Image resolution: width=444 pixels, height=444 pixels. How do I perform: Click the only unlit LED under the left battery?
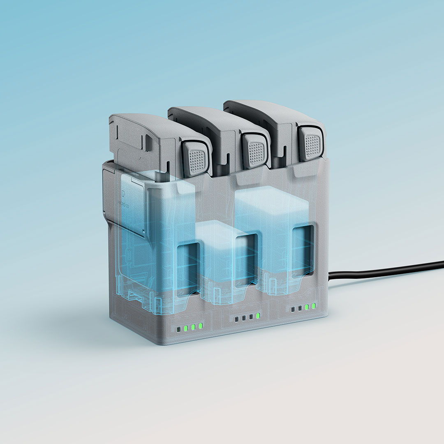pos(179,329)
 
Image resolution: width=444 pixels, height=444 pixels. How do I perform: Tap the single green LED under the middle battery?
pos(258,316)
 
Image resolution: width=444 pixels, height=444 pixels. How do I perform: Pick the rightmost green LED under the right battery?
pos(314,305)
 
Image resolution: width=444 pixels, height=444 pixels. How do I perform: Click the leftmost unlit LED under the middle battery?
pos(236,319)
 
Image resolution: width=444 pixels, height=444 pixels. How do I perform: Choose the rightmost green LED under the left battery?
pos(201,326)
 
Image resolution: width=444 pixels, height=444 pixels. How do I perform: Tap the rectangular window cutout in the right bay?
pos(303,250)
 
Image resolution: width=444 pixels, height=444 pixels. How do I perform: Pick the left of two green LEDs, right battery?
pos(307,307)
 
